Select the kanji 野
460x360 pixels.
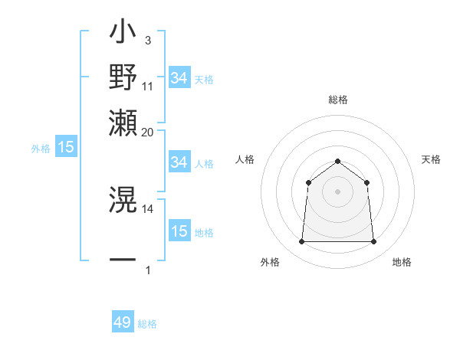[123, 78]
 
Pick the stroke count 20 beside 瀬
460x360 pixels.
[148, 132]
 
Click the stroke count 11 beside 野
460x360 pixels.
[148, 87]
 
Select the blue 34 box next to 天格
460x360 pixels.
[179, 77]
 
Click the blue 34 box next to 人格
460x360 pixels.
[179, 162]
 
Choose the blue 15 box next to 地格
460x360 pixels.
[179, 231]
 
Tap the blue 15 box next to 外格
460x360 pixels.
[66, 147]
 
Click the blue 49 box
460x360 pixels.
[123, 322]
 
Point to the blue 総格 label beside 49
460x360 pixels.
[147, 324]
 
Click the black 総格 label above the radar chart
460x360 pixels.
[338, 100]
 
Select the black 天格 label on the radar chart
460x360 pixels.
[431, 159]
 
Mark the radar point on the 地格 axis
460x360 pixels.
[373, 242]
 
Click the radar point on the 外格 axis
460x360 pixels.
[301, 242]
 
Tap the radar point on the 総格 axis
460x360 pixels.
[337, 161]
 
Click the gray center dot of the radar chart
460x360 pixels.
[337, 191]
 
